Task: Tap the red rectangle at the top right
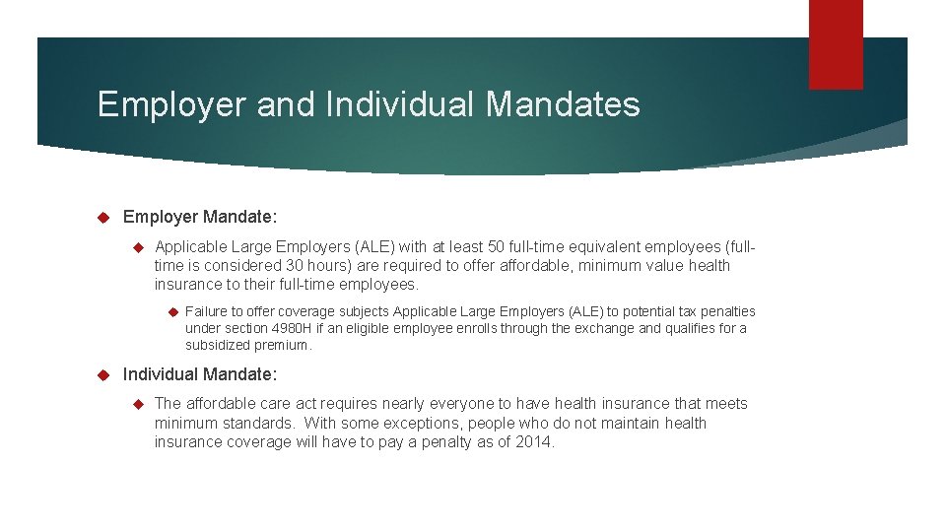click(x=836, y=43)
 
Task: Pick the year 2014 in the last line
click(x=534, y=442)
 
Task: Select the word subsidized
click(x=219, y=345)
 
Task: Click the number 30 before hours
click(x=295, y=265)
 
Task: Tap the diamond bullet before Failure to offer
click(x=171, y=311)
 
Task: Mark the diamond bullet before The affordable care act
click(x=138, y=403)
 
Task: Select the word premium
click(x=284, y=345)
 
